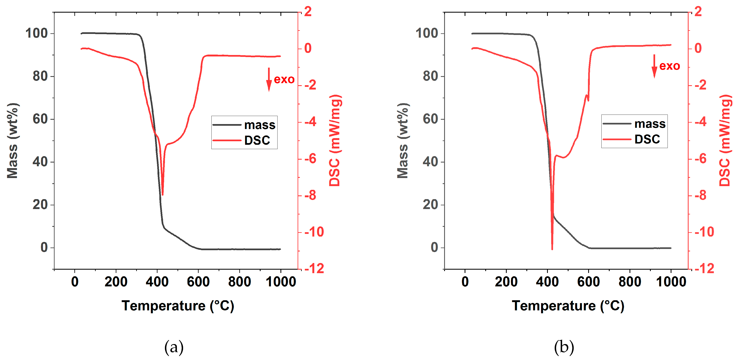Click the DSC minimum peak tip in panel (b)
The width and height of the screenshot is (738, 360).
[552, 249]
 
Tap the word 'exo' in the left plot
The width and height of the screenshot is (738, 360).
[284, 79]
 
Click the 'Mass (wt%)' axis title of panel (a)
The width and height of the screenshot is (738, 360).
[12, 140]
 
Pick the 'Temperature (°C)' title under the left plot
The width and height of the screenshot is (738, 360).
[178, 306]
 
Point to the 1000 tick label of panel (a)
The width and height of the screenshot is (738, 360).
[281, 282]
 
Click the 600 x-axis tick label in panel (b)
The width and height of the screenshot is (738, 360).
[588, 282]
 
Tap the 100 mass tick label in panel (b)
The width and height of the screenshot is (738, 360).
[427, 33]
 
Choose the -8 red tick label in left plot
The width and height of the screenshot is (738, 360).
[310, 196]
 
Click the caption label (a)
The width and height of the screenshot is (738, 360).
[174, 347]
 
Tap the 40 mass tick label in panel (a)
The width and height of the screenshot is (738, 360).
[40, 162]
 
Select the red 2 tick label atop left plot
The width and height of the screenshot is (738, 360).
[308, 12]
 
